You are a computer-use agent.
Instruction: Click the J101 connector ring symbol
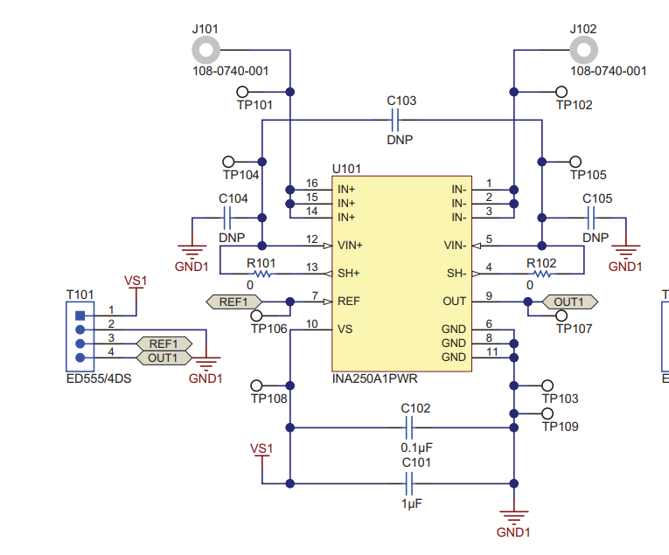coord(206,41)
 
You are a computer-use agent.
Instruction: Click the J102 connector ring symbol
coord(583,41)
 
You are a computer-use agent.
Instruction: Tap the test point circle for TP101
coord(242,92)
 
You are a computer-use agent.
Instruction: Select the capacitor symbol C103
coord(395,121)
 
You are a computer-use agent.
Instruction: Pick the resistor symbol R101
coord(262,274)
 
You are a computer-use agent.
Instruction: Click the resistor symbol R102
coord(542,274)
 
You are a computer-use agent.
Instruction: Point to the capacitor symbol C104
coord(227,218)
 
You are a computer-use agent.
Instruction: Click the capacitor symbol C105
coord(591,218)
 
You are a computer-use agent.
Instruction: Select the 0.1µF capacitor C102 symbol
coord(408,427)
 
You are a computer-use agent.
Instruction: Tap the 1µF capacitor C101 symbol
coord(408,483)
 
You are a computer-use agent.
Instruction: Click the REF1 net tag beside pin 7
coord(233,302)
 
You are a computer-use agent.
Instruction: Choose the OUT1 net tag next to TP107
coord(570,302)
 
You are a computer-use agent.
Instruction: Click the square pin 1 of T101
coord(80,316)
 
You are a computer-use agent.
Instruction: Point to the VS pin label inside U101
coord(345,330)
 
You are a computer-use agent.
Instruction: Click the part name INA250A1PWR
coord(374,378)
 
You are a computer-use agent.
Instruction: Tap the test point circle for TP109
coord(547,413)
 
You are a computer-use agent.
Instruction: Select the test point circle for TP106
coord(256,316)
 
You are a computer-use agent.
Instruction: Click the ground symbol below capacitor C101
coord(513,515)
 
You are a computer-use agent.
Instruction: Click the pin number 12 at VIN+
coord(312,239)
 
